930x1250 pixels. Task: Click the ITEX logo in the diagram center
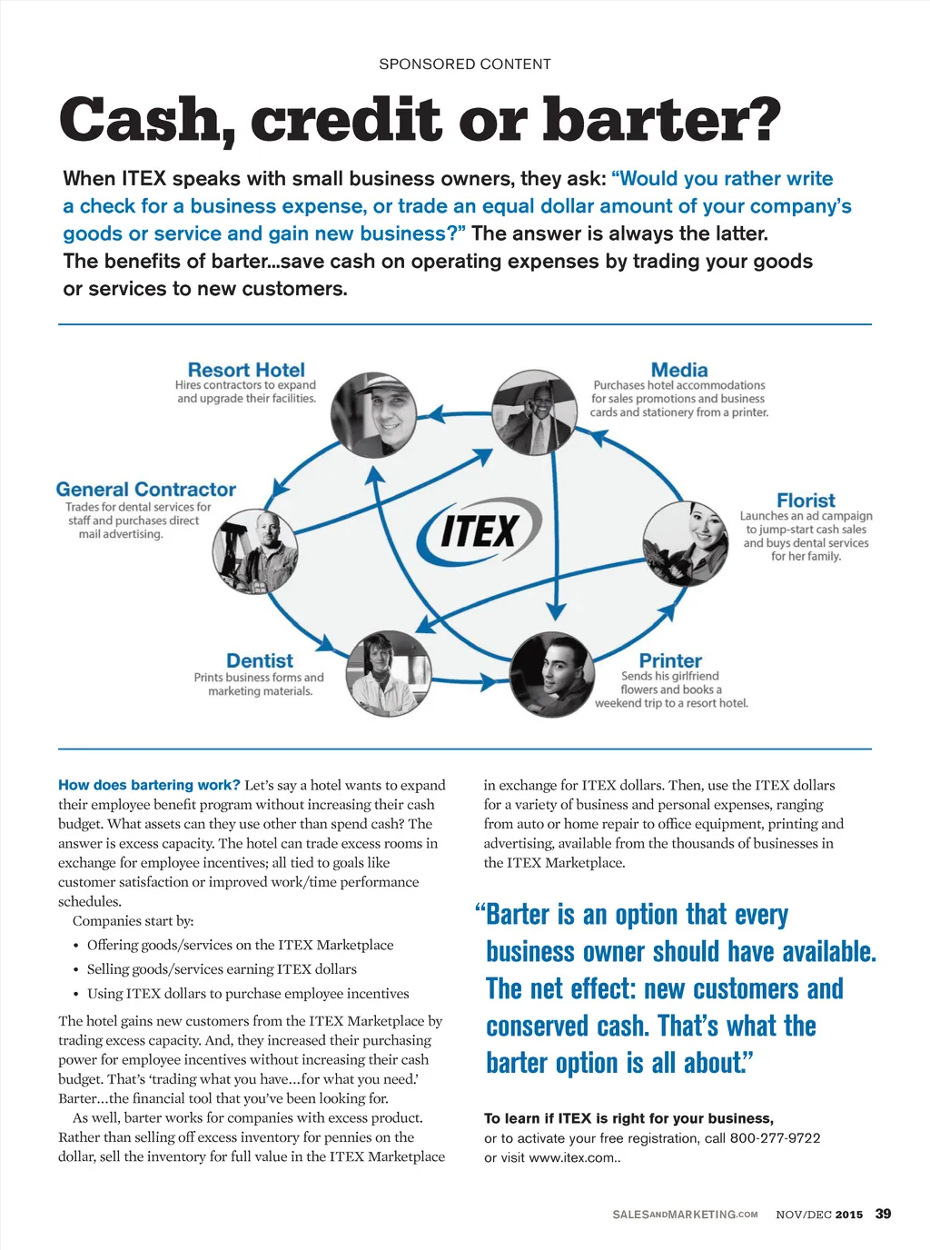pyautogui.click(x=479, y=531)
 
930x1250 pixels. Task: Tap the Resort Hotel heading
pyautogui.click(x=246, y=370)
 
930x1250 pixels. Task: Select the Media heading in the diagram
pyautogui.click(x=679, y=370)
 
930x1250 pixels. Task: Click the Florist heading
pyautogui.click(x=806, y=501)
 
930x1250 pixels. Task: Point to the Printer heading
pyautogui.click(x=670, y=660)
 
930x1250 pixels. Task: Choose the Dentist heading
pyautogui.click(x=260, y=660)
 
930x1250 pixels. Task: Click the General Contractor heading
pyautogui.click(x=146, y=490)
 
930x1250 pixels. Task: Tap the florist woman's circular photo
pyautogui.click(x=686, y=543)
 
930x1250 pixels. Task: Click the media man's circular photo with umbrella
pyautogui.click(x=534, y=412)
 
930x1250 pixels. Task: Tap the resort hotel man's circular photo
pyautogui.click(x=373, y=413)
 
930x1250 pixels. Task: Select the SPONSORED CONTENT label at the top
pyautogui.click(x=465, y=64)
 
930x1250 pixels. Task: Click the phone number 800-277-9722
pyautogui.click(x=775, y=1138)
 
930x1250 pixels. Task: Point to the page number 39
pyautogui.click(x=883, y=1214)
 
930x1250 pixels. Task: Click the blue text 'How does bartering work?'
pyautogui.click(x=149, y=785)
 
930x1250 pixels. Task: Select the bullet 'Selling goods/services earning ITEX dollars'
pyautogui.click(x=222, y=969)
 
